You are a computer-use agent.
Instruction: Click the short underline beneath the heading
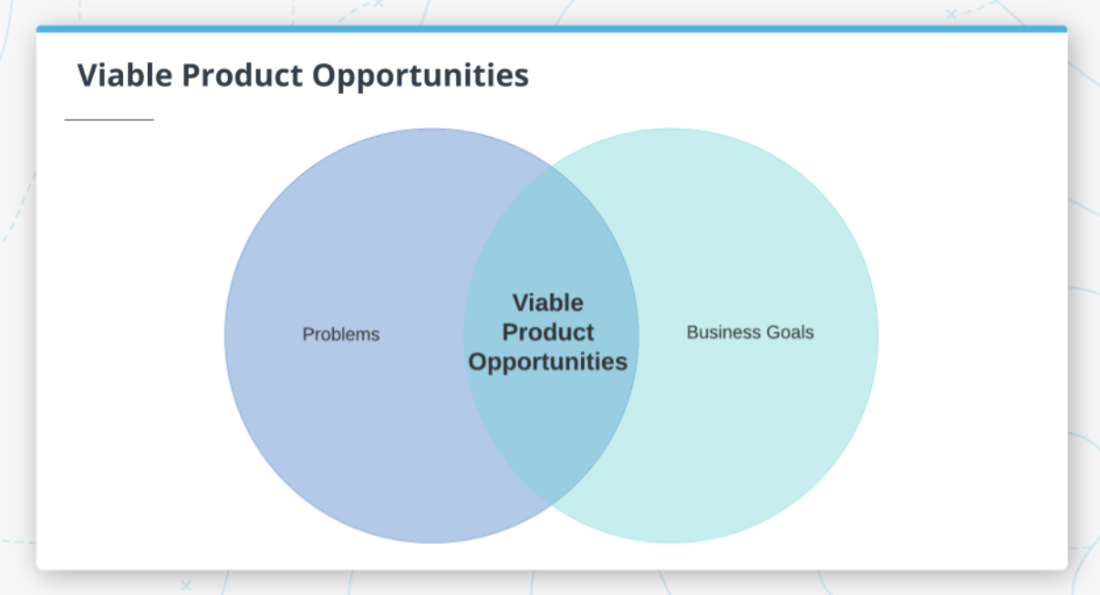109,120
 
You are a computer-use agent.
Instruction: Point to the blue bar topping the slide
551,29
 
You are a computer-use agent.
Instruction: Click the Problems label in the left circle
340,334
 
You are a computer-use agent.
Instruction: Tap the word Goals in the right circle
790,332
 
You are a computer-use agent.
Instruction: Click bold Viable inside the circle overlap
547,303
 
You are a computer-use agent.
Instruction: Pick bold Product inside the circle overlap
547,332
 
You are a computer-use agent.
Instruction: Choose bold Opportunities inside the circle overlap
547,361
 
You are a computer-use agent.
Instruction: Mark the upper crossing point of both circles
552,167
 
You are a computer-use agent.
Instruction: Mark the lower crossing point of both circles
552,504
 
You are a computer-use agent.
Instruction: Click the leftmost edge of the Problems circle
225,335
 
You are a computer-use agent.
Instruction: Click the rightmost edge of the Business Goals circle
878,335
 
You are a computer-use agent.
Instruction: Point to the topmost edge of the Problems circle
431,129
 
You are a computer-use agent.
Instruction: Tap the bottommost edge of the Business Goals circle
671,543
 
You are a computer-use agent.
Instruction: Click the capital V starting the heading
88,75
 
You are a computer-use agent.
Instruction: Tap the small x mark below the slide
186,584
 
